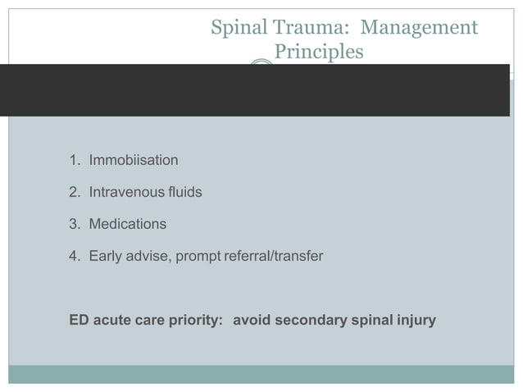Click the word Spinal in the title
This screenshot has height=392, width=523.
tap(235, 29)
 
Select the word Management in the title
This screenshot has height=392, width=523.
tap(419, 29)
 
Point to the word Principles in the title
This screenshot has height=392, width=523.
tap(318, 52)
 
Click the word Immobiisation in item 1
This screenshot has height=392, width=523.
tap(134, 160)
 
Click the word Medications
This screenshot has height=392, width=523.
tap(128, 224)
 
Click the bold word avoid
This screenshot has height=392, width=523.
tap(251, 320)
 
